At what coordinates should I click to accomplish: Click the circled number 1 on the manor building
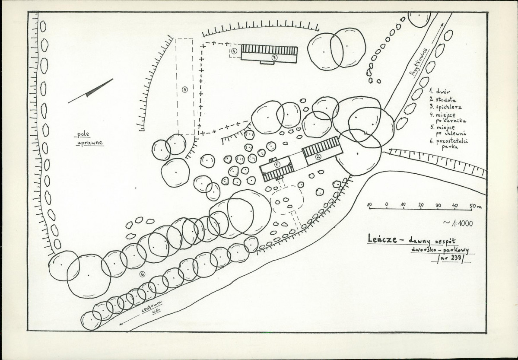(277, 164)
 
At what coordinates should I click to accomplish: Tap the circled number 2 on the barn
(318, 157)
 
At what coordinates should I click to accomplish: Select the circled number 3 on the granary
(274, 57)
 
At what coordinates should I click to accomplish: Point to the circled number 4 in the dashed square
(234, 51)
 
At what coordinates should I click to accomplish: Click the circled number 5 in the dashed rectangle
(184, 89)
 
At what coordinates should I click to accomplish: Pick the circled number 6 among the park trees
(143, 274)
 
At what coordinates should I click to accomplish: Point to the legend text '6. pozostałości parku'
(449, 144)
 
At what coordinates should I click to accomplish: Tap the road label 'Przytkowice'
(419, 62)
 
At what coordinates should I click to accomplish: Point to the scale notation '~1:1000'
(458, 223)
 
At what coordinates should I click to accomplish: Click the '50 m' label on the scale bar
(475, 206)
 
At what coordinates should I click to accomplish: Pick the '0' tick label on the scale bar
(387, 204)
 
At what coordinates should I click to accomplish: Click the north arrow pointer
(90, 91)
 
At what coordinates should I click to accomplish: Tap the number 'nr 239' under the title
(451, 259)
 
